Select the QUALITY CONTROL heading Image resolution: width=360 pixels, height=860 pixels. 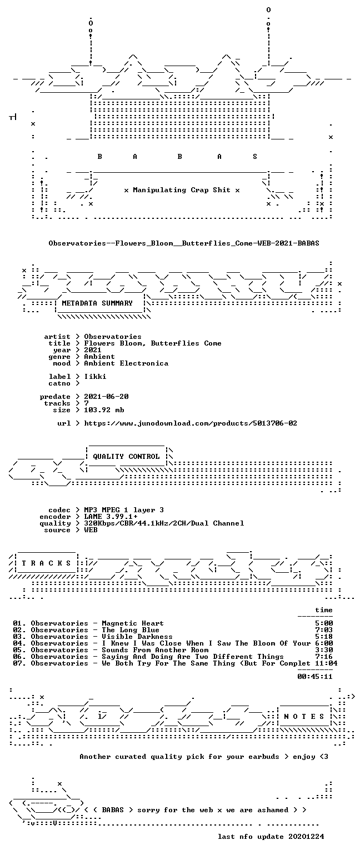126,457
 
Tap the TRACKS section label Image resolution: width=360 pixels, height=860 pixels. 46,563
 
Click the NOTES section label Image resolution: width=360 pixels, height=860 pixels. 304,717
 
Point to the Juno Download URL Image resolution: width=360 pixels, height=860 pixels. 191,423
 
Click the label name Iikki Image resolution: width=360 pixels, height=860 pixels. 95,377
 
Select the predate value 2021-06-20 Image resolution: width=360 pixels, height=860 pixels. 106,397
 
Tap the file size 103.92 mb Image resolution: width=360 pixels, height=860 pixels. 104,410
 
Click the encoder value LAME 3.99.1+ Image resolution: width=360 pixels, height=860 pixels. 111,517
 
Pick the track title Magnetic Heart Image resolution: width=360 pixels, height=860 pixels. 133,623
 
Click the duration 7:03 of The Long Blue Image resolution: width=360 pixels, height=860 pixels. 324,630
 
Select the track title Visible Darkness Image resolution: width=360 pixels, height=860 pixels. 137,637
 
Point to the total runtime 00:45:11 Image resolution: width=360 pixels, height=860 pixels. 314,677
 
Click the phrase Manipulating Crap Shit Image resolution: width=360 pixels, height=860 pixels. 182,190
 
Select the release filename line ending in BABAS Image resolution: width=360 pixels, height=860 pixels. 184,243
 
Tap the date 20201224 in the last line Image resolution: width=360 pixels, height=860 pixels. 306,837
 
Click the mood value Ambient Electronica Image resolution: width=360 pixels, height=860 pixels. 126,363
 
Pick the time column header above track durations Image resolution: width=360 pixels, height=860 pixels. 324,610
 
